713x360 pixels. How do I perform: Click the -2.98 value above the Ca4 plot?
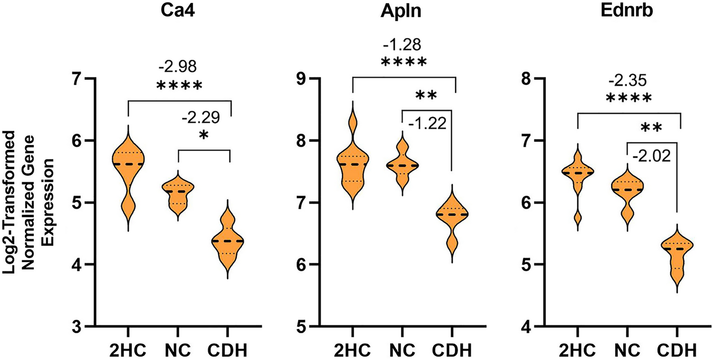click(x=179, y=66)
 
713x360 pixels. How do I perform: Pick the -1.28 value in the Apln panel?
click(x=403, y=43)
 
